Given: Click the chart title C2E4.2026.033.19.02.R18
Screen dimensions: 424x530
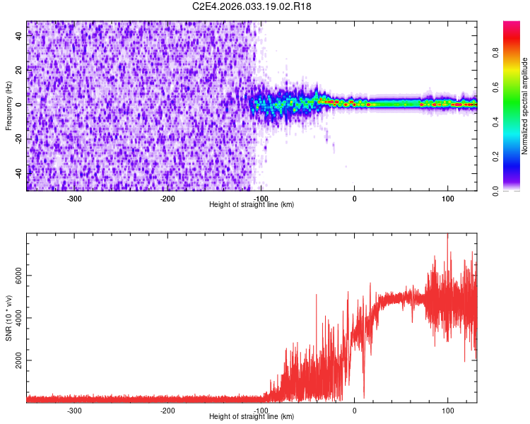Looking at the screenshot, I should point(252,6).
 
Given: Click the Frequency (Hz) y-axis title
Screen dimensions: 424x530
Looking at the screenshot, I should point(8,105).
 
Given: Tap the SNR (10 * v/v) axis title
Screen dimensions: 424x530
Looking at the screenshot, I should point(8,317).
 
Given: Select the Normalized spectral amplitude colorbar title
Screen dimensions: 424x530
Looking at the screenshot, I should point(525,106).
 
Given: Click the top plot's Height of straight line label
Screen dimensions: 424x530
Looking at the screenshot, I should point(252,204).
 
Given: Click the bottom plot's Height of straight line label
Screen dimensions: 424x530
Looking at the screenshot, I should point(252,416).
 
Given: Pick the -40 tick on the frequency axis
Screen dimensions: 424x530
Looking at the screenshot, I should point(18,173).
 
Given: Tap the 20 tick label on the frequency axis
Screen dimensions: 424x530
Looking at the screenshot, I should point(18,70).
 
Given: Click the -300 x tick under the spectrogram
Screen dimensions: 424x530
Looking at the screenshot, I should point(74,199).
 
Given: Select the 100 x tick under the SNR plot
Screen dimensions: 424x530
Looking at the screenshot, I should point(447,411).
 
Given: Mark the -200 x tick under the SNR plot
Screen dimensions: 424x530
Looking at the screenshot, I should point(167,411).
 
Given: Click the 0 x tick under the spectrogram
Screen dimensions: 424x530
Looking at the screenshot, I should point(354,199).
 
